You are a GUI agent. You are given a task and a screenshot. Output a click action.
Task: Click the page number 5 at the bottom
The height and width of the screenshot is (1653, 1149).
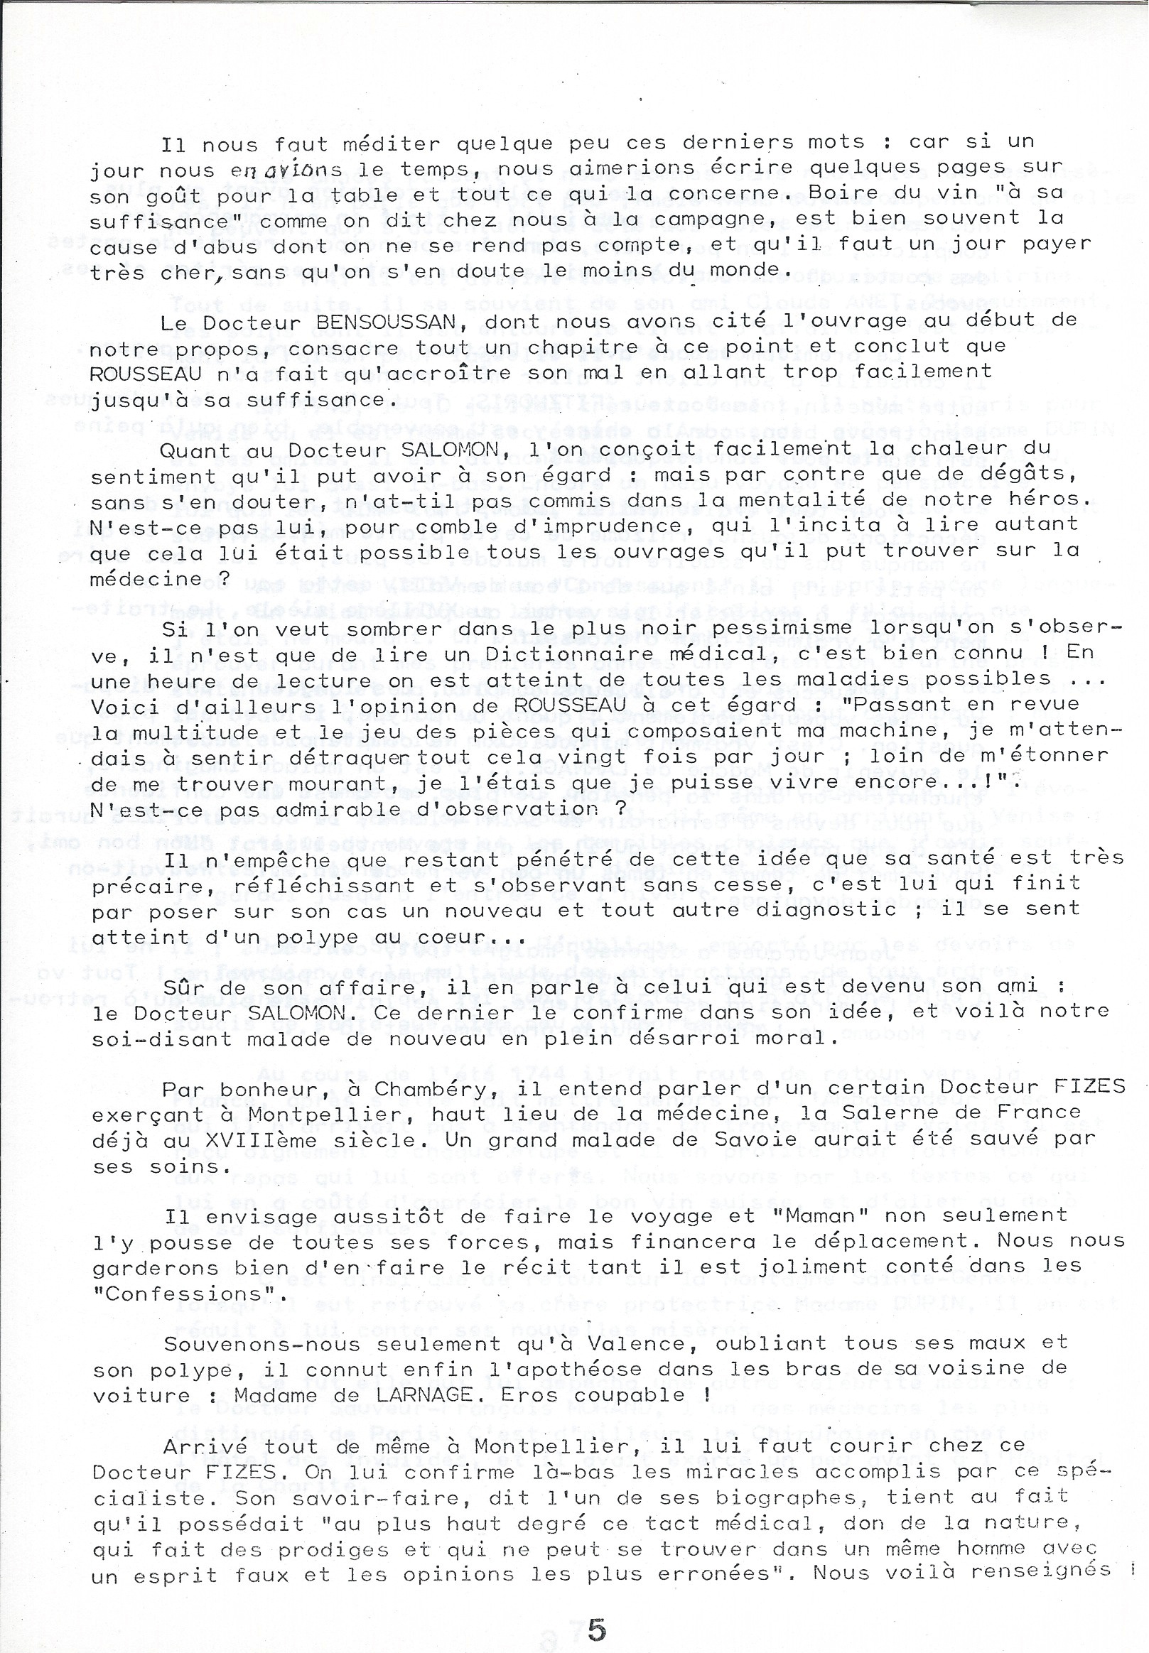coord(597,1607)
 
